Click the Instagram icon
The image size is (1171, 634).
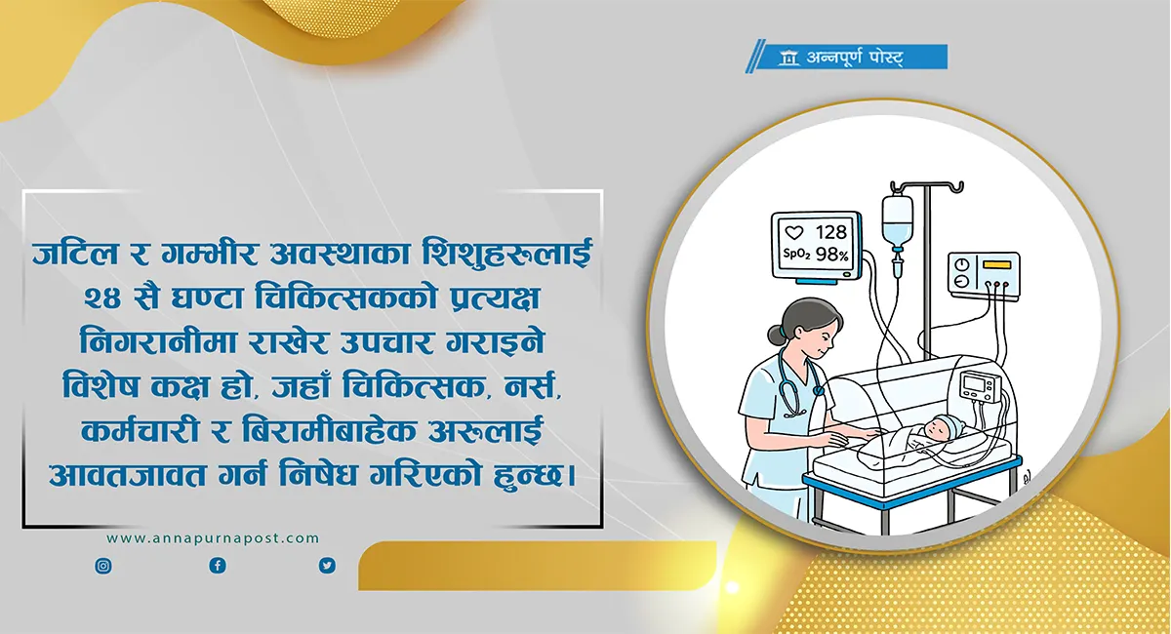click(x=103, y=566)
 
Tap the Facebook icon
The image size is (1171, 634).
click(x=218, y=566)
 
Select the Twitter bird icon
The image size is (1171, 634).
click(x=327, y=566)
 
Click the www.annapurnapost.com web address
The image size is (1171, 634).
click(x=213, y=538)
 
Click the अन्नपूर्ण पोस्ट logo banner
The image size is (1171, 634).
click(x=847, y=57)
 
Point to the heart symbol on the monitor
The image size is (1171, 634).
click(x=794, y=232)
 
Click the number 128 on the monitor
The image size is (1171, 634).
click(x=831, y=231)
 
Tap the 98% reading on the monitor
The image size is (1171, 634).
click(x=832, y=255)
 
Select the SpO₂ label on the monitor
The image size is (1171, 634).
click(x=796, y=255)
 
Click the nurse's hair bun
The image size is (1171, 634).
click(x=777, y=335)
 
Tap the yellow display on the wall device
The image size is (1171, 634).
click(x=996, y=264)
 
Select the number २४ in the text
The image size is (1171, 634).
click(x=103, y=298)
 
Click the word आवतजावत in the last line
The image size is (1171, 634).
click(x=128, y=475)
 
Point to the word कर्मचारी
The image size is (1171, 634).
click(x=141, y=431)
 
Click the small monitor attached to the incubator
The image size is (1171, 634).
click(x=979, y=385)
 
